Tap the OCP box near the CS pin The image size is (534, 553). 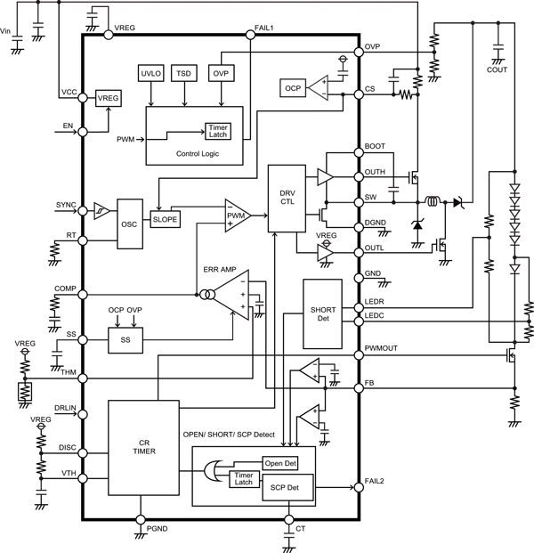point(293,87)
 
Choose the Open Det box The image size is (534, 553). point(279,463)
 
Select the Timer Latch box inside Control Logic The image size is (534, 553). point(217,131)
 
